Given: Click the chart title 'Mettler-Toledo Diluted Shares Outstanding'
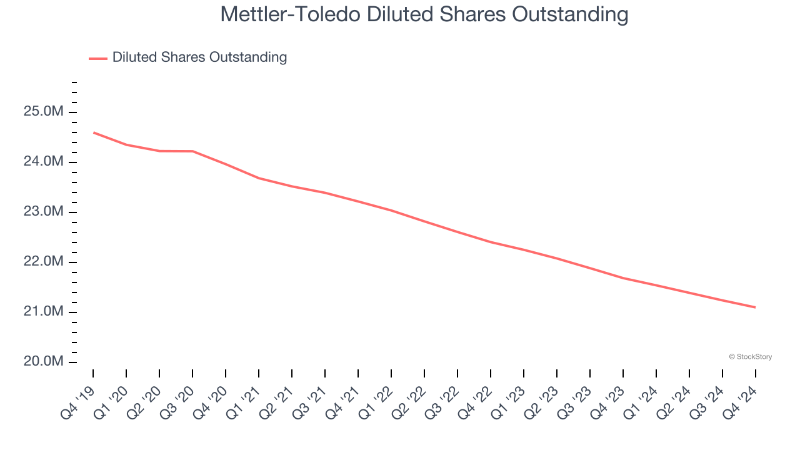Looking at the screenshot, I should pos(424,14).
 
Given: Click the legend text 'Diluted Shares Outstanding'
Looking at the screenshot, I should pos(199,57).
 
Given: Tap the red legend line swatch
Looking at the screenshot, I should pos(98,58).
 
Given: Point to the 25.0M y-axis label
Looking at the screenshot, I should pos(44,112).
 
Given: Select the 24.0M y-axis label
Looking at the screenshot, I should pos(44,162).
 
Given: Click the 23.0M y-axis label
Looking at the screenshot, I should pos(44,212).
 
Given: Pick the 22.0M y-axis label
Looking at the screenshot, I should pos(44,262).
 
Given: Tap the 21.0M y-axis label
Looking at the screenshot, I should pos(44,312).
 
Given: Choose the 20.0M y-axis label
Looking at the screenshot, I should pos(44,362).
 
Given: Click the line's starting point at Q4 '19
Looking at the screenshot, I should pos(94,132).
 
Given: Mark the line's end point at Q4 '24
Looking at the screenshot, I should pos(755,307).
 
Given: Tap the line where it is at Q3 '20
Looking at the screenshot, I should pos(192,151).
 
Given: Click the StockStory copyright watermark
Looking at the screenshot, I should pos(750,357).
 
